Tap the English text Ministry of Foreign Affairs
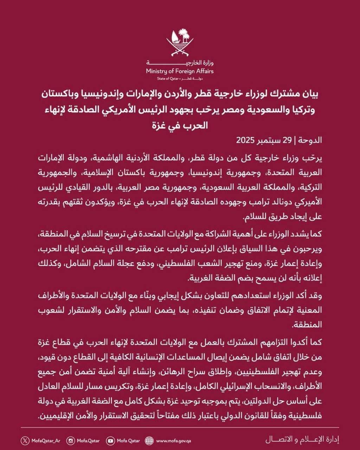[180, 71]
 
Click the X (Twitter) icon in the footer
[24, 441]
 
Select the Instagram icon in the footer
[71, 441]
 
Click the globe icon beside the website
[149, 441]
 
